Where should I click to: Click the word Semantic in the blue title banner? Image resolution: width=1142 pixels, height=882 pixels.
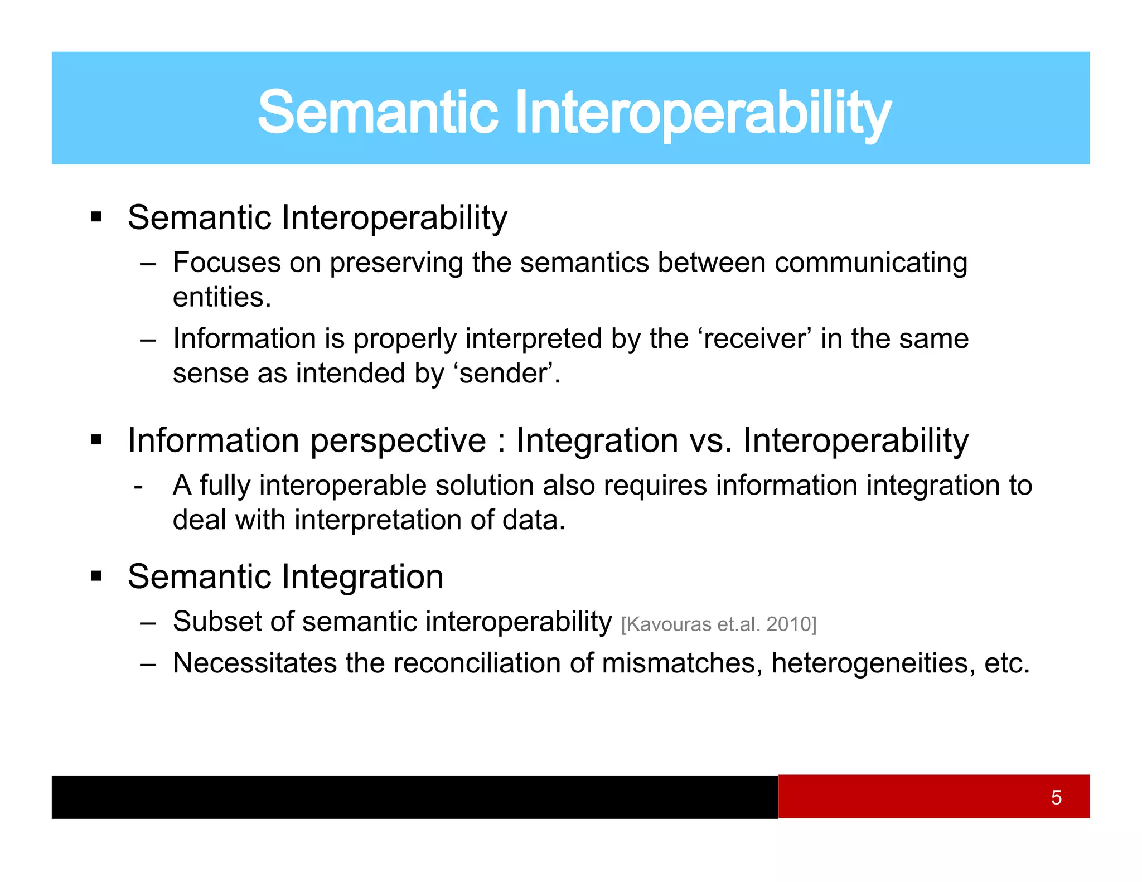click(378, 113)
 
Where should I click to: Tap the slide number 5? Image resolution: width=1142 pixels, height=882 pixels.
click(1056, 797)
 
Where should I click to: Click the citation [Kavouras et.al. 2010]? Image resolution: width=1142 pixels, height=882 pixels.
click(718, 624)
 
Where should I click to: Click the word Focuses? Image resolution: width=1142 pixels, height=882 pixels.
click(226, 263)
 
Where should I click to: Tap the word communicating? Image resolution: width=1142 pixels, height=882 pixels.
click(870, 263)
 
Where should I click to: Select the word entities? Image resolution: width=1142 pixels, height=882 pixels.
click(221, 297)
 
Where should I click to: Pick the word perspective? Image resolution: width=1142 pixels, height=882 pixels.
click(398, 442)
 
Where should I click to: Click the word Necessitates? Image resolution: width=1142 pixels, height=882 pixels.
click(255, 663)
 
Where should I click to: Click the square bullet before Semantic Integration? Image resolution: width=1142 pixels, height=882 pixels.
click(96, 576)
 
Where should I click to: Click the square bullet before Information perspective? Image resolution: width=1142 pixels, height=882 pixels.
click(96, 440)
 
